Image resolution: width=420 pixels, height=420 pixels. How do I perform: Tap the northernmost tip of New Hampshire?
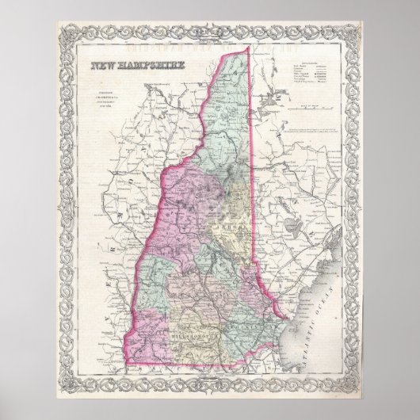[248, 48]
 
